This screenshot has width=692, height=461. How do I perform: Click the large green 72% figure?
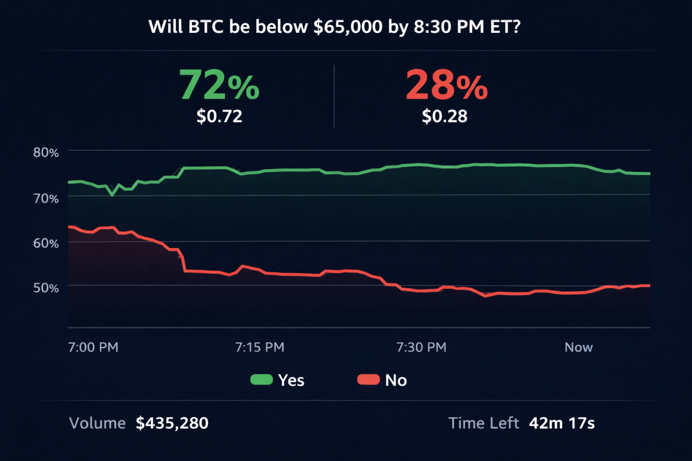pyautogui.click(x=219, y=85)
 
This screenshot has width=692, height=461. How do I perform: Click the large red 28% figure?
pyautogui.click(x=446, y=85)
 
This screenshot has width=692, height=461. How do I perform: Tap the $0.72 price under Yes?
pyautogui.click(x=219, y=116)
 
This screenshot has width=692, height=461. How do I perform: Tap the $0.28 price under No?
pyautogui.click(x=444, y=116)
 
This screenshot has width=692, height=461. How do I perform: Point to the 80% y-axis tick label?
pyautogui.click(x=46, y=152)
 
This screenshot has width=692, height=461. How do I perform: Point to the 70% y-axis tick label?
pyautogui.click(x=46, y=198)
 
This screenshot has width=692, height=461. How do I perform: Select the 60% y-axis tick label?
pyautogui.click(x=46, y=243)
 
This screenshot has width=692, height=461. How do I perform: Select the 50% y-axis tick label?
pyautogui.click(x=46, y=287)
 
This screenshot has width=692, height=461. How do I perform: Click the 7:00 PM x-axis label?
pyautogui.click(x=93, y=347)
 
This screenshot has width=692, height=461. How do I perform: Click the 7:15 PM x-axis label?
pyautogui.click(x=259, y=347)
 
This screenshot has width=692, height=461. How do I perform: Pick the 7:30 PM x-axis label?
pyautogui.click(x=422, y=347)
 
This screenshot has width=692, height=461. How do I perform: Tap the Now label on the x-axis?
pyautogui.click(x=578, y=347)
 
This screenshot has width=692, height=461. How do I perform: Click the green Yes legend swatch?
pyautogui.click(x=261, y=380)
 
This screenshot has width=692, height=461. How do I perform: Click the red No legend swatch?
pyautogui.click(x=368, y=380)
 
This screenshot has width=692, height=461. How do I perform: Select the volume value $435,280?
pyautogui.click(x=172, y=423)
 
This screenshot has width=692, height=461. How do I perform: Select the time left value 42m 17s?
pyautogui.click(x=562, y=423)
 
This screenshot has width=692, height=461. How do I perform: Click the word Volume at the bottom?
pyautogui.click(x=97, y=423)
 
